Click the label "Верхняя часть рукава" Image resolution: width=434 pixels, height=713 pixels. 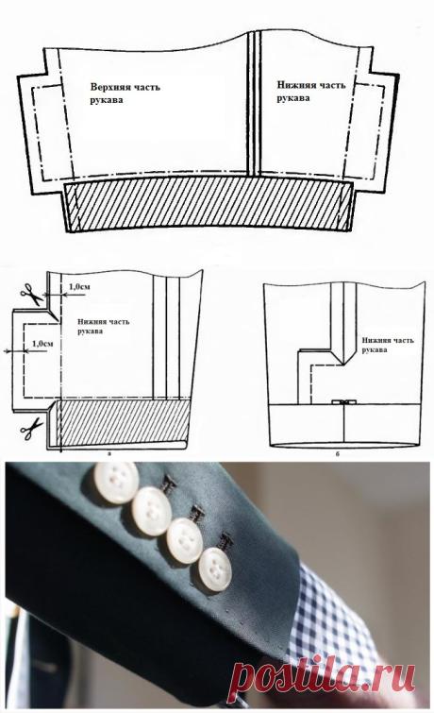pyautogui.click(x=125, y=93)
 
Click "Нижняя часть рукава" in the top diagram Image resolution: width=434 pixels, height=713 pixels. pyautogui.click(x=310, y=91)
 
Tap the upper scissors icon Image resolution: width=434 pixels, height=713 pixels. pyautogui.click(x=31, y=294)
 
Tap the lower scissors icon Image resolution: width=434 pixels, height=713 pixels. pyautogui.click(x=31, y=429)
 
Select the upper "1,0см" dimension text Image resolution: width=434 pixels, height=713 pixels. pyautogui.click(x=78, y=287)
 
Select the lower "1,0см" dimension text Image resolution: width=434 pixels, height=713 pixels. pyautogui.click(x=42, y=344)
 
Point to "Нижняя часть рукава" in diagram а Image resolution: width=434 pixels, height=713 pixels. pyautogui.click(x=103, y=326)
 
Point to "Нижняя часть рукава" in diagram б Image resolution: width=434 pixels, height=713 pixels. pyautogui.click(x=388, y=345)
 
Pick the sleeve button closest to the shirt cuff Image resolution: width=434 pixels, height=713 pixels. pyautogui.click(x=215, y=569)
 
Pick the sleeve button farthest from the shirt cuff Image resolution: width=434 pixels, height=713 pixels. pyautogui.click(x=117, y=483)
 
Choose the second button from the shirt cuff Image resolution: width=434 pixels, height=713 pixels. pyautogui.click(x=184, y=541)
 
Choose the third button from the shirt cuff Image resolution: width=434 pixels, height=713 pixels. pyautogui.click(x=151, y=511)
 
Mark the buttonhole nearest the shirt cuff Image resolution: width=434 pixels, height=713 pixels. pyautogui.click(x=225, y=541)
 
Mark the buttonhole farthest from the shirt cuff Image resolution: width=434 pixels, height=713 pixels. pyautogui.click(x=169, y=485)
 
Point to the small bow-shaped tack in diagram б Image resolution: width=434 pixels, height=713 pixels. pyautogui.click(x=344, y=402)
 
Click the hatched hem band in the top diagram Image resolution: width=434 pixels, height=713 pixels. pyautogui.click(x=209, y=204)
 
